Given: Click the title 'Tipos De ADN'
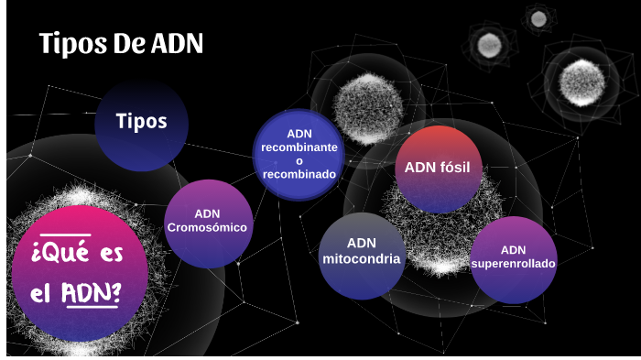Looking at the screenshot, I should coord(121,44).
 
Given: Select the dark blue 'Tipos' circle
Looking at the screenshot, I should coord(142,123).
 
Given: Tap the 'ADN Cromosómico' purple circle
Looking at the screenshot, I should coord(208,223).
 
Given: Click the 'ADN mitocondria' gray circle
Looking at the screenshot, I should coord(362,256).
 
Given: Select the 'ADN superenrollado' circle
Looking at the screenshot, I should coord(514,259).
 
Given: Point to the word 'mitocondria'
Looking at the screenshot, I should coord(362,259).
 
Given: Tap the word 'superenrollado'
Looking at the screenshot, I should coord(514,265).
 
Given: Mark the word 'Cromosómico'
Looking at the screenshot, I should coord(208,228).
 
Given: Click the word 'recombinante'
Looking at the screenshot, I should coord(299,147).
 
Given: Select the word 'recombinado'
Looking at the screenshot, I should coord(299,174).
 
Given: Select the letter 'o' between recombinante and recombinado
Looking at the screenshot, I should coord(299,160).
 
